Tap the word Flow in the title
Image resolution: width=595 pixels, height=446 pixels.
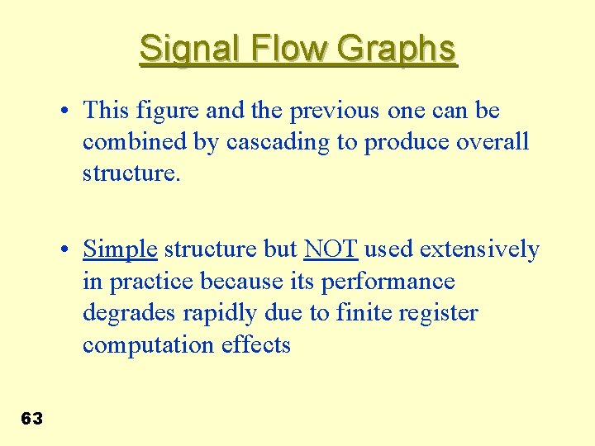278,50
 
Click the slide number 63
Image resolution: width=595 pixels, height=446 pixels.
31,419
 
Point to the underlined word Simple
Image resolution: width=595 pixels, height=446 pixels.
120,249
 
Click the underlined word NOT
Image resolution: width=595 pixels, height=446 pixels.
330,249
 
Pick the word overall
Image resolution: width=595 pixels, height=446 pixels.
493,142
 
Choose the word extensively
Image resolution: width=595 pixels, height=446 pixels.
480,249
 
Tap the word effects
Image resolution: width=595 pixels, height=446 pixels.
256,345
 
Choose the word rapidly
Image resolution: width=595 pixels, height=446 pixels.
217,314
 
